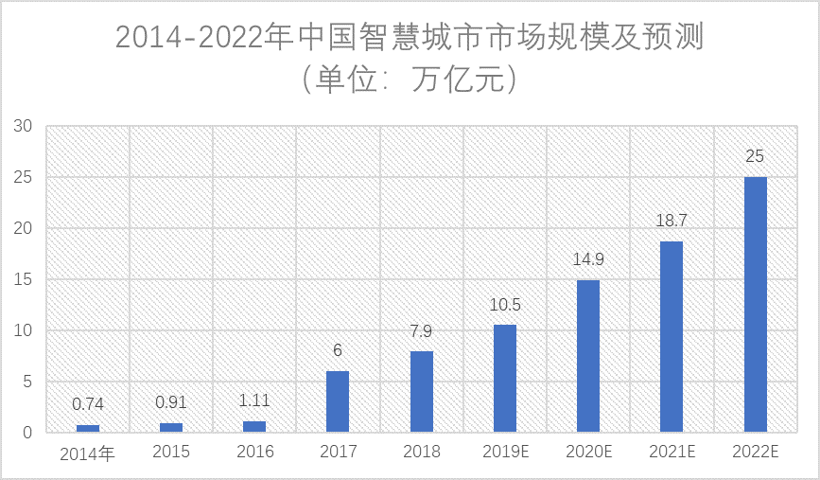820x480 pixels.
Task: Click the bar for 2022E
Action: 755,304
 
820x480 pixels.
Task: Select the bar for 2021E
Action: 672,336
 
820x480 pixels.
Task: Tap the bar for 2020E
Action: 588,356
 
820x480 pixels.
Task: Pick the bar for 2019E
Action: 505,379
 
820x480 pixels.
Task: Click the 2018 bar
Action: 422,392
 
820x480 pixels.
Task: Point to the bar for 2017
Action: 338,401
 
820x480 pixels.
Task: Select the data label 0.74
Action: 88,404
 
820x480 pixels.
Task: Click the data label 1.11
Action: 254,400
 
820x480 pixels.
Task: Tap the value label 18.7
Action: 672,221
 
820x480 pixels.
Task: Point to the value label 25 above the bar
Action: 755,156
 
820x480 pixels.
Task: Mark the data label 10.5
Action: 505,305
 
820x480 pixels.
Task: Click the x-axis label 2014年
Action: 87,454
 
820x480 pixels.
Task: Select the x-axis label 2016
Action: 254,453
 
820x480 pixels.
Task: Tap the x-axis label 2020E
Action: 588,453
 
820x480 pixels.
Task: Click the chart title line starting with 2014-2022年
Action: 410,38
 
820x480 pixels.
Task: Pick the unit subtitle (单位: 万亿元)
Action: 410,80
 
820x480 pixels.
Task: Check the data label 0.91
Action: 171,402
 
